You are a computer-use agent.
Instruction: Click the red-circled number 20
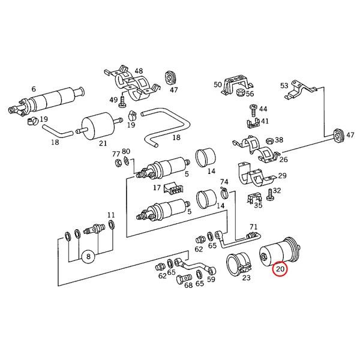tap(280, 270)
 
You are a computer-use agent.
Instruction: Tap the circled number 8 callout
tap(89, 257)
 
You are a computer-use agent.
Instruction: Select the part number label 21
tap(103, 143)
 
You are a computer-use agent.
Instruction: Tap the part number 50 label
tap(217, 85)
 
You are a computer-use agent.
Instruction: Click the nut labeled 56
tap(239, 92)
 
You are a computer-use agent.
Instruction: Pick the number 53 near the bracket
tap(284, 85)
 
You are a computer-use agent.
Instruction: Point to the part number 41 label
tap(264, 121)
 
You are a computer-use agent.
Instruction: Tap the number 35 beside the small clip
tap(258, 205)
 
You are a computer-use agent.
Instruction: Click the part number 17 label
tap(157, 188)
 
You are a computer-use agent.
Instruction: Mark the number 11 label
tap(111, 215)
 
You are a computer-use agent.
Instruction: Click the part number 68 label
tap(188, 285)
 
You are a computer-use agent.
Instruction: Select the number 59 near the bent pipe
tap(211, 279)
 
